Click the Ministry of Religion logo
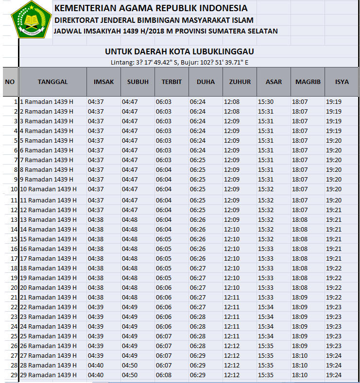31,19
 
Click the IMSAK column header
103,82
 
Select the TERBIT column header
171,82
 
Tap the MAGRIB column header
308,82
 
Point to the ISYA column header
342,82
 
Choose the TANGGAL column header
52,82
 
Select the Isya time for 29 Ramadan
334,375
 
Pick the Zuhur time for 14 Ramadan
232,229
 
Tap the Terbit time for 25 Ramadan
164,336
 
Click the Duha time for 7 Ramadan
198,160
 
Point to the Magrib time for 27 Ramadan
300,356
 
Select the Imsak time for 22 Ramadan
96,307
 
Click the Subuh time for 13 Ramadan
130,219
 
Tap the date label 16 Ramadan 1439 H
48,249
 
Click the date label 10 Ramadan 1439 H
48,189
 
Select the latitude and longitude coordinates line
179,62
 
